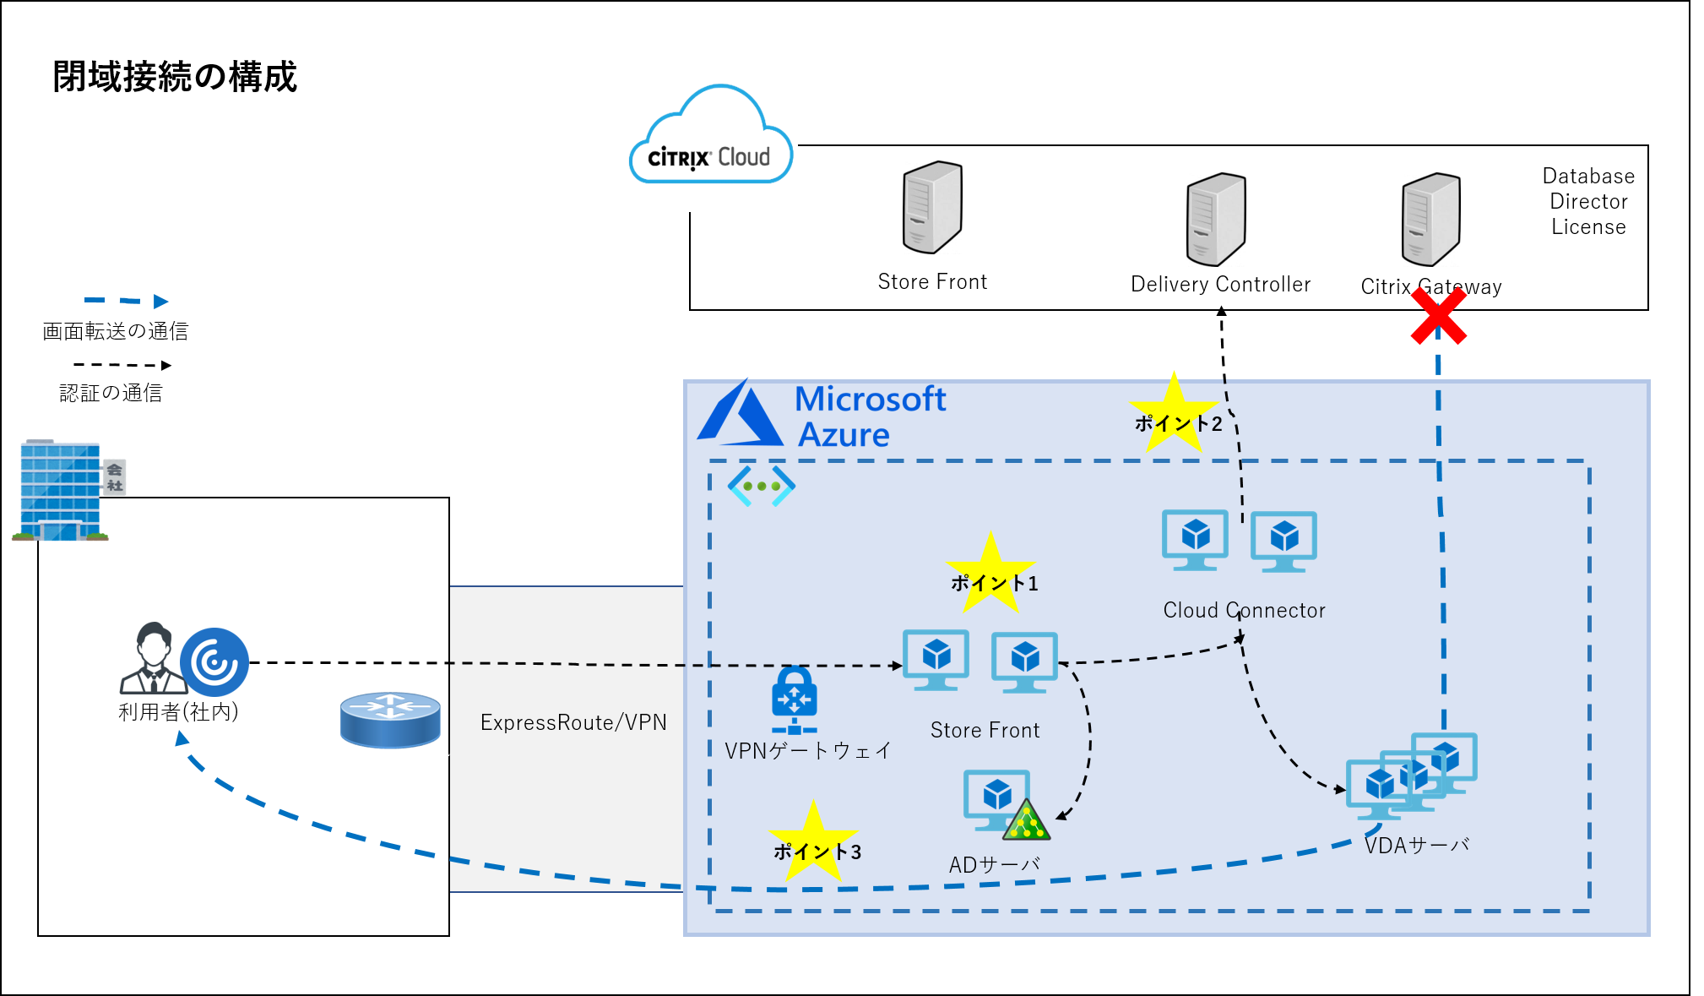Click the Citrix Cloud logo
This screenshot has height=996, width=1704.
coord(711,144)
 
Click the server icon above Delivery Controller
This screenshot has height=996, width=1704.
coord(1216,220)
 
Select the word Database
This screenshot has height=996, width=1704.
coord(1588,176)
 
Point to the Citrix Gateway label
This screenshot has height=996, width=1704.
coord(1431,287)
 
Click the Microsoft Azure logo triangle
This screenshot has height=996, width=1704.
coord(740,416)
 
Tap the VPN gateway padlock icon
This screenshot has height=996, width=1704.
coord(794,699)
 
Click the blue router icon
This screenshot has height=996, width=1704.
coord(390,720)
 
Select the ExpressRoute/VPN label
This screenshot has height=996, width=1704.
coord(573,722)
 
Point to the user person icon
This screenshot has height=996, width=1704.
coord(152,659)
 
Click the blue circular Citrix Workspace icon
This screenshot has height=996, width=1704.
coord(214,661)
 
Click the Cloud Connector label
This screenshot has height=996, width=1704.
coord(1244,610)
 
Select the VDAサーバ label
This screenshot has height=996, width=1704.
coord(1417,846)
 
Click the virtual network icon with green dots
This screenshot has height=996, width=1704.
coord(762,486)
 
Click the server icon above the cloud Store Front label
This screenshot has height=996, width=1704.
coord(932,208)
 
